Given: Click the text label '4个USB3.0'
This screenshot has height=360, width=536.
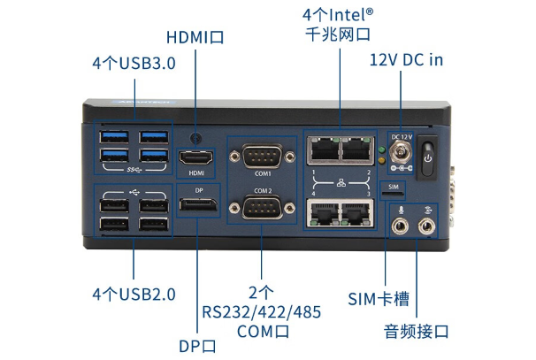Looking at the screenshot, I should pyautogui.click(x=134, y=64).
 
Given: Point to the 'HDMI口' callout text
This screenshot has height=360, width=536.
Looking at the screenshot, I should pyautogui.click(x=195, y=37).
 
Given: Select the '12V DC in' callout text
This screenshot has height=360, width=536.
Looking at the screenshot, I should pyautogui.click(x=406, y=59).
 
